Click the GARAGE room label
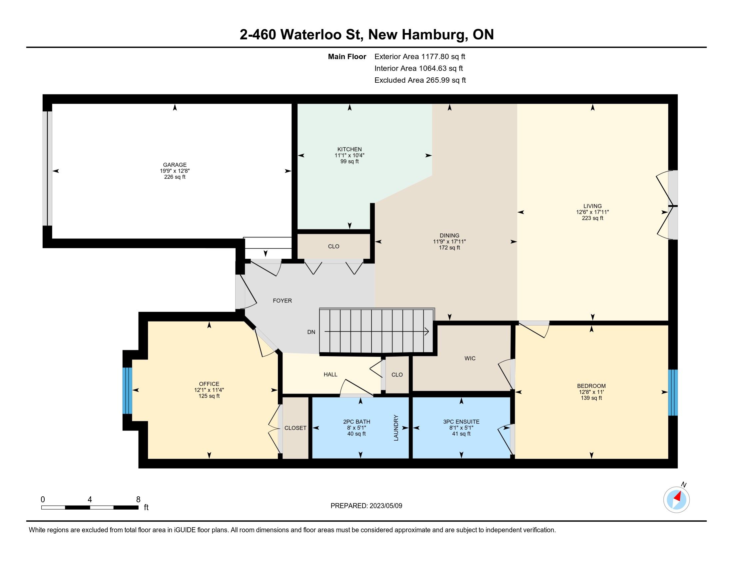pos(175,164)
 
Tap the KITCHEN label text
pos(350,149)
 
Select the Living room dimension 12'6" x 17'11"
pos(592,212)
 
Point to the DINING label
pos(449,235)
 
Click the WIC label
pos(470,359)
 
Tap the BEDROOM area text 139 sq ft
pos(591,398)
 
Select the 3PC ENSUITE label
pos(461,422)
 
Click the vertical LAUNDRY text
pos(396,428)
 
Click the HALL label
pos(331,375)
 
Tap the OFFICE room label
pos(209,384)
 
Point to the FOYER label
pos(282,301)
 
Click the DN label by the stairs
pos(311,332)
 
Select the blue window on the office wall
pos(127,391)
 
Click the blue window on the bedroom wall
pos(673,392)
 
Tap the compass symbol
pos(677,500)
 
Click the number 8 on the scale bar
pos(138,499)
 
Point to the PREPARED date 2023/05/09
pos(385,506)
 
